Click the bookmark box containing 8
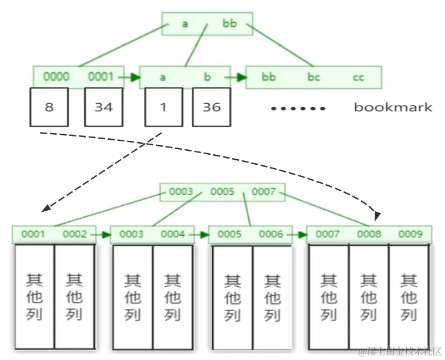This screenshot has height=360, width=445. pos(49,107)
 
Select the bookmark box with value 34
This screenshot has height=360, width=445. pos(104,107)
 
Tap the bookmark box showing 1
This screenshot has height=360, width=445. pos(163,107)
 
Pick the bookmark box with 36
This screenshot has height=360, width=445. pos(211,107)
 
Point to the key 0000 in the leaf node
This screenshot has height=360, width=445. pos(56,77)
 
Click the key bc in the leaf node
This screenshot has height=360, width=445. pos(314,77)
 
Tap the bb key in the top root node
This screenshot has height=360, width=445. pos(229,23)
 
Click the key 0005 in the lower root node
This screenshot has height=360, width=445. pos(222,192)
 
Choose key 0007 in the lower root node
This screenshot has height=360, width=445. pos(264,192)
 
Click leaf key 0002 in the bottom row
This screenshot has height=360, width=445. pos(75,234)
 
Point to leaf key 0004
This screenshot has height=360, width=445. pos(173,234)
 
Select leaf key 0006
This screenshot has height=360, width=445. pos(271,234)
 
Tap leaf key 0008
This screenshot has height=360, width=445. pos(369,234)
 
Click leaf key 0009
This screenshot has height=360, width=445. pos(410,234)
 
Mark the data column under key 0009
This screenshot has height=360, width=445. pos(409,297)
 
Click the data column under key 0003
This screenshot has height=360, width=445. pos(132,297)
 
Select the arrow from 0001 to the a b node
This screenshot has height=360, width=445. pos(128,78)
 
